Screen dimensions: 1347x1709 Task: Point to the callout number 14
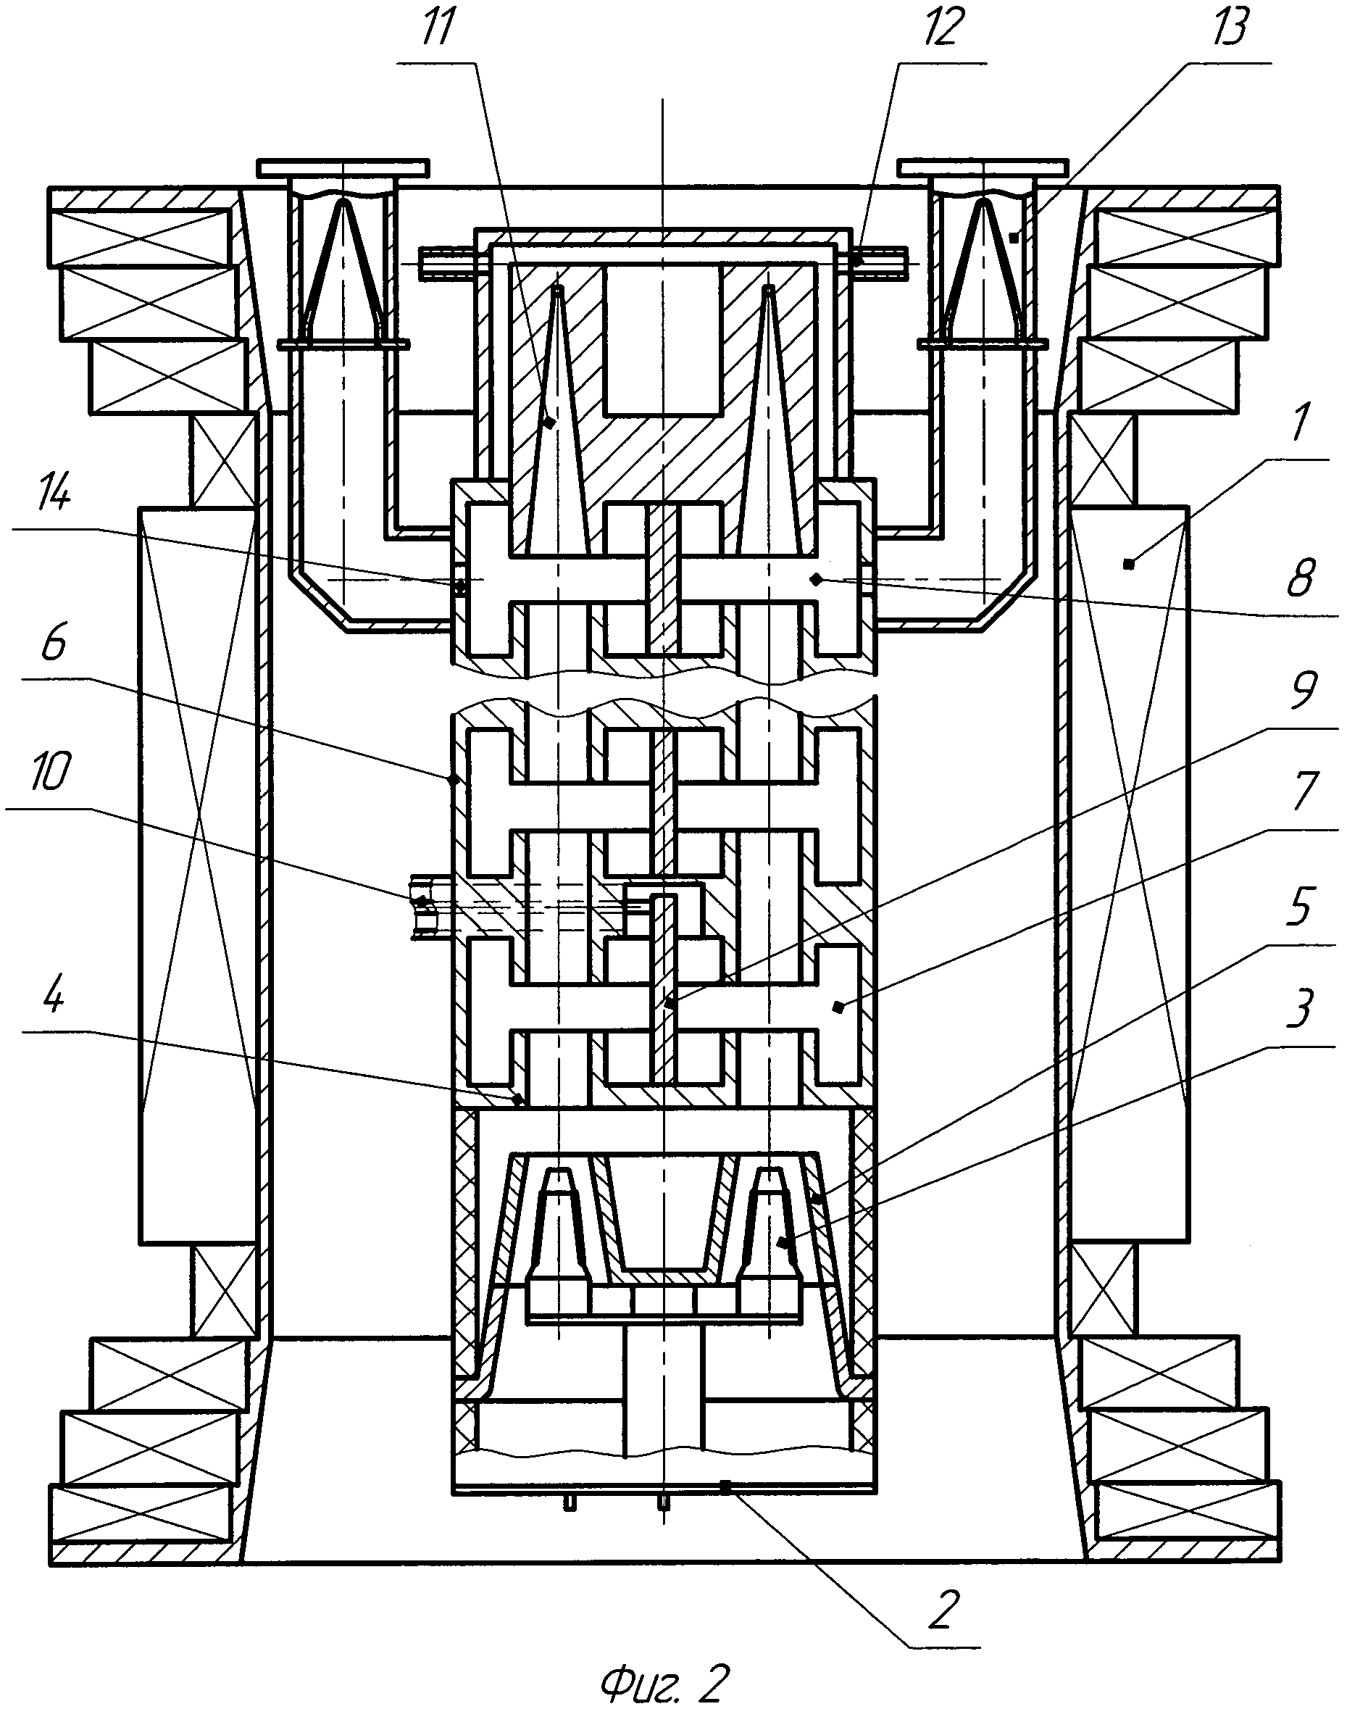coord(51,498)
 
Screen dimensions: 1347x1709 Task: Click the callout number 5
coord(1300,907)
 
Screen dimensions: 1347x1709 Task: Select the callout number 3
coord(1300,1009)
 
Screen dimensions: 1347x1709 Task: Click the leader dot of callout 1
coord(1129,563)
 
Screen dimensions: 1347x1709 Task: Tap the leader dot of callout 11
coord(551,423)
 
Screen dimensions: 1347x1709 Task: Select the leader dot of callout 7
coord(838,1005)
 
